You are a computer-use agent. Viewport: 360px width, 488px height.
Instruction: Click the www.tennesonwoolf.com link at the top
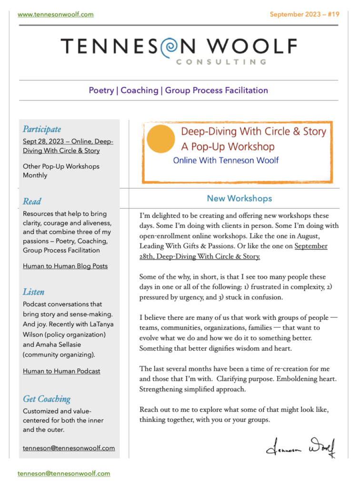click(56, 14)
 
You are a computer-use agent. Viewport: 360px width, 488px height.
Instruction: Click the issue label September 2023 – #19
click(304, 14)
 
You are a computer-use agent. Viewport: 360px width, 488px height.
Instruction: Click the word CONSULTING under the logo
click(220, 61)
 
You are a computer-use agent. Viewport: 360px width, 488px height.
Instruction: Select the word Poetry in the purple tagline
click(101, 90)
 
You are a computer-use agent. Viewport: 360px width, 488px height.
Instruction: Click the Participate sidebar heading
click(42, 129)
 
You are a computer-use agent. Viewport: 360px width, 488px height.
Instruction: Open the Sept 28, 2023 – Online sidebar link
click(68, 146)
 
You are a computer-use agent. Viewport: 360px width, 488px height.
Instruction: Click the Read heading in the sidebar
click(32, 201)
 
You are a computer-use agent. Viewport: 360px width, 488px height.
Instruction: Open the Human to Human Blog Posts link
click(65, 266)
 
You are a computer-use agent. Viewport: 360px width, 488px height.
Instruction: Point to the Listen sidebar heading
click(33, 292)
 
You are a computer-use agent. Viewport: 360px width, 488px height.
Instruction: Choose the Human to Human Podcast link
click(61, 371)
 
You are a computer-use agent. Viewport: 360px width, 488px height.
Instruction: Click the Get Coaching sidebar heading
click(47, 399)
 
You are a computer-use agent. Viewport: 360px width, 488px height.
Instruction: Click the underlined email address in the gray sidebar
click(69, 448)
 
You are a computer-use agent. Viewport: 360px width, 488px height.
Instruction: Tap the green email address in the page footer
click(64, 474)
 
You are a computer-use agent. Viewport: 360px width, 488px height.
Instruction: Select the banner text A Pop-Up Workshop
click(228, 146)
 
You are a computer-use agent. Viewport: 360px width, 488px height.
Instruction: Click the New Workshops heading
click(240, 198)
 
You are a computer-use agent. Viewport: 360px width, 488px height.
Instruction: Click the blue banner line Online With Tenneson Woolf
click(226, 160)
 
